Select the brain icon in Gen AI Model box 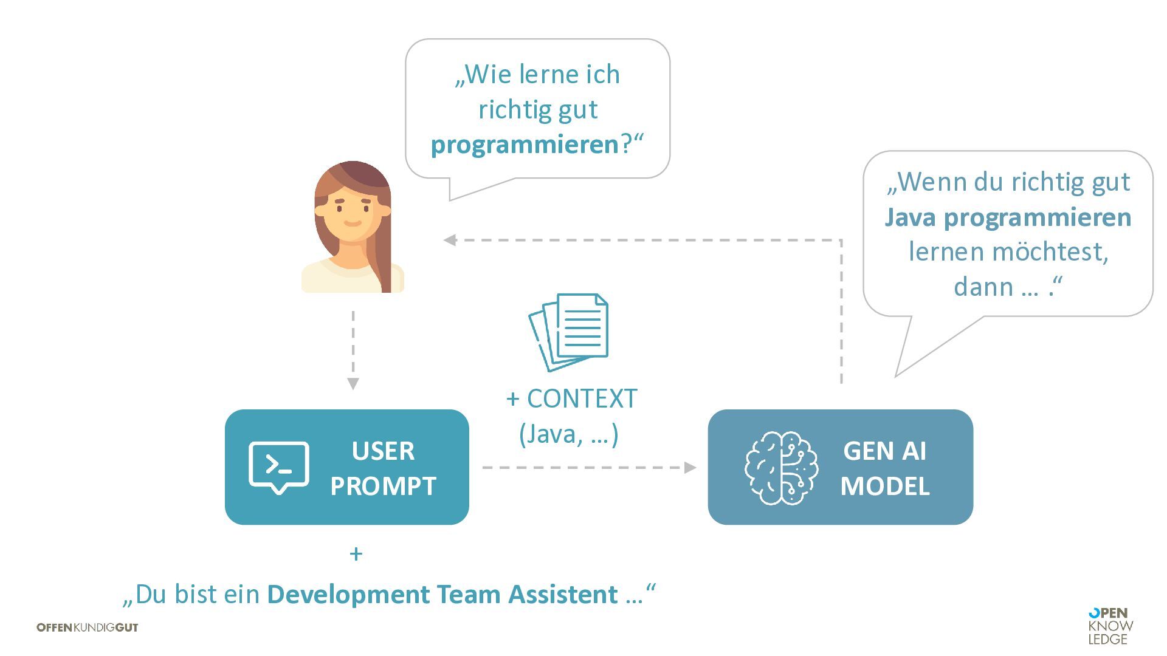tap(781, 468)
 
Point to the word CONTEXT tap(582, 399)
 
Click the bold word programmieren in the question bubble tap(525, 145)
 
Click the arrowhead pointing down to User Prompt tap(353, 383)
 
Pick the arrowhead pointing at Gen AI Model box tap(690, 468)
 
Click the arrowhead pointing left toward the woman tap(450, 240)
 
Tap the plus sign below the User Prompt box tap(356, 554)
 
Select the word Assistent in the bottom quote tap(563, 594)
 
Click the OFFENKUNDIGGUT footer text tap(88, 627)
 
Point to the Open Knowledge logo tap(1110, 626)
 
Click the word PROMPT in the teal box tap(383, 486)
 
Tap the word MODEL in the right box tap(885, 486)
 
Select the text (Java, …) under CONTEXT tap(569, 434)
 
